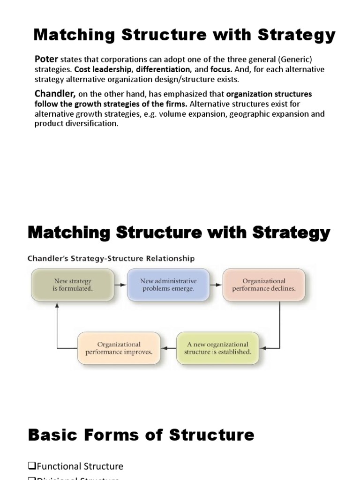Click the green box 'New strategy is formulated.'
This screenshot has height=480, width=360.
[72, 285]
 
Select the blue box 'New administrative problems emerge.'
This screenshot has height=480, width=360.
[168, 285]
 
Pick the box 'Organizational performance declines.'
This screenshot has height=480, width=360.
[264, 285]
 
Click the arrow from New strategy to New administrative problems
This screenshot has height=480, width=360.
[120, 285]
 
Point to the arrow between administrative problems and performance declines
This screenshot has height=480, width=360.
[216, 285]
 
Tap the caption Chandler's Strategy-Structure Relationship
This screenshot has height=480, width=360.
[111, 258]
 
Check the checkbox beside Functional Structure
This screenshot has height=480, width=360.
[32, 466]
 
